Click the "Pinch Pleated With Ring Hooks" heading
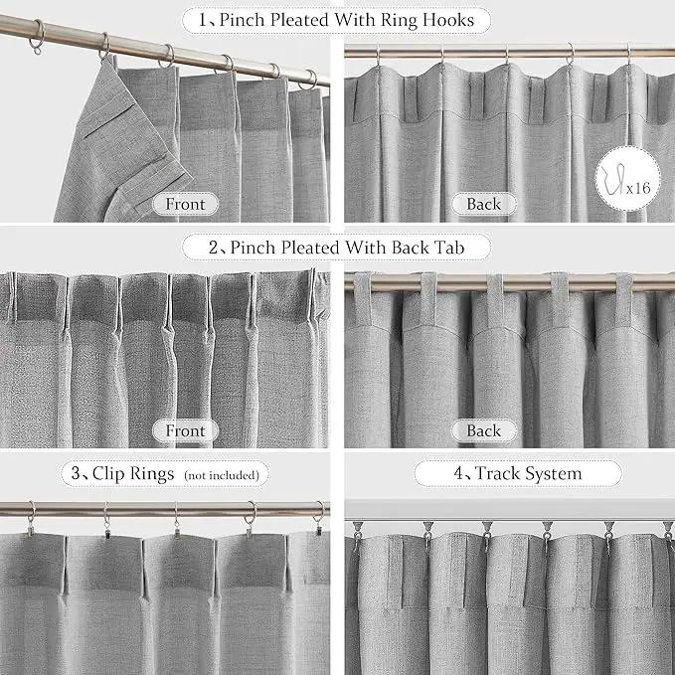(x=347, y=20)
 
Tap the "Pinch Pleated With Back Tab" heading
(x=347, y=248)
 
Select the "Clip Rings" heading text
(x=133, y=473)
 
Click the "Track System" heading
(x=528, y=473)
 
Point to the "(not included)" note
(x=222, y=475)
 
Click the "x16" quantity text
(x=638, y=188)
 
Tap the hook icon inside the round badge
(x=614, y=178)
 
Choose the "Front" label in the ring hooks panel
(x=186, y=204)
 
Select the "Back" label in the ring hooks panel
(x=484, y=204)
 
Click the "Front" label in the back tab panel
(x=186, y=430)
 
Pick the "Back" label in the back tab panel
(x=484, y=430)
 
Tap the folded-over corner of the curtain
(x=125, y=142)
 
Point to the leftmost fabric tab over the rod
(x=362, y=299)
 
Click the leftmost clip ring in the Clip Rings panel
(x=31, y=519)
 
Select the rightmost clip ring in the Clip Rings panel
(x=319, y=518)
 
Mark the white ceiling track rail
(x=510, y=511)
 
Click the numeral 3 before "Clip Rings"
(x=76, y=473)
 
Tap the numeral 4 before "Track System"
(x=458, y=473)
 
